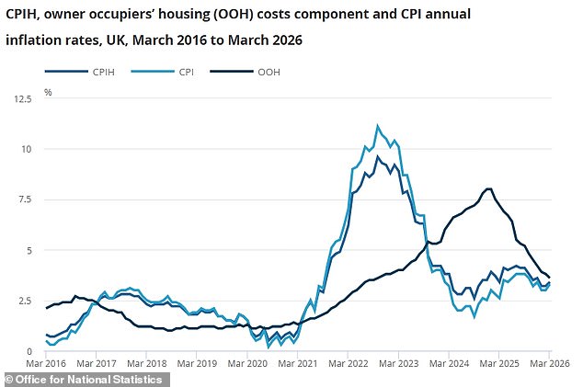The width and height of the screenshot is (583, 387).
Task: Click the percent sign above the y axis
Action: point(48,92)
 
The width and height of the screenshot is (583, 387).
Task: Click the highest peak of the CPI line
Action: point(377,126)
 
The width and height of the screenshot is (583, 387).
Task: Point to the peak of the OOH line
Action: point(487,188)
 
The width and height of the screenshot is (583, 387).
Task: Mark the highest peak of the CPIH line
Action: point(377,156)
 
